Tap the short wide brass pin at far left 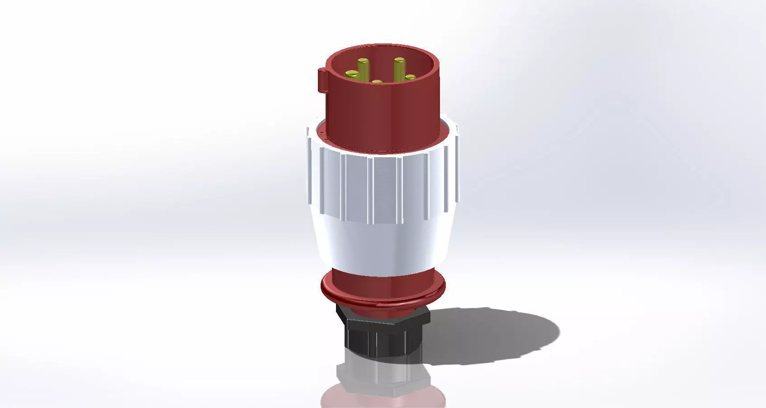(350, 73)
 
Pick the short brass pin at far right (410, 77)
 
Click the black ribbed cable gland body (380, 339)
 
